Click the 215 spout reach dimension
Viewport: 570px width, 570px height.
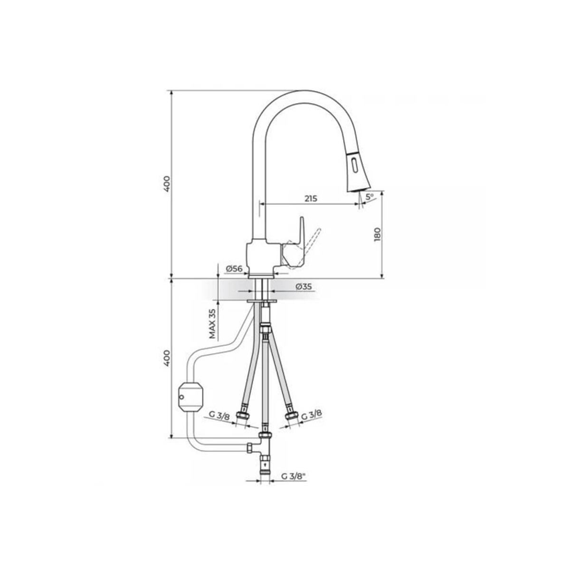coord(310,199)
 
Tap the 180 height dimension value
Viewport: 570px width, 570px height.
coord(378,235)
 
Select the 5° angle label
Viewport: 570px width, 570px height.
coord(370,196)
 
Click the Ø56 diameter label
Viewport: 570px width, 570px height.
coord(234,269)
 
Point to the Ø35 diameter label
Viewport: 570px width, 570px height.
coord(304,286)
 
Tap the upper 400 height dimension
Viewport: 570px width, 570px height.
coord(167,184)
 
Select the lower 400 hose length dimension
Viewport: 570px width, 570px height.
coord(167,358)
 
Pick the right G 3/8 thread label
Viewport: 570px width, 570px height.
coord(312,415)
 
